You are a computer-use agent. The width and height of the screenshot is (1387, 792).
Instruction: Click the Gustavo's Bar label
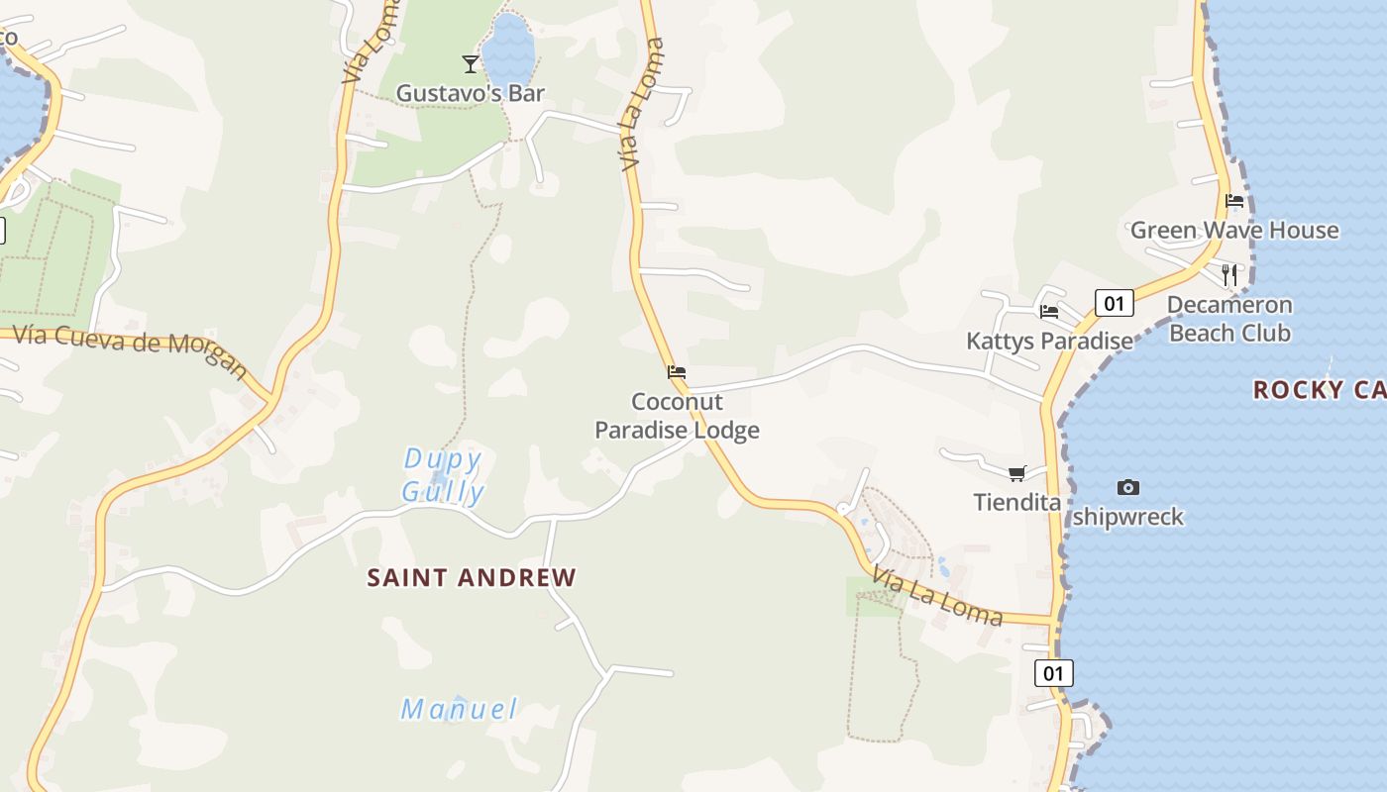471,93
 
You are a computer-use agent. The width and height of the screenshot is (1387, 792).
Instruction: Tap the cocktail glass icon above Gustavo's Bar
471,64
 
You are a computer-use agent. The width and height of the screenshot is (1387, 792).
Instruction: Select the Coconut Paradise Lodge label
678,416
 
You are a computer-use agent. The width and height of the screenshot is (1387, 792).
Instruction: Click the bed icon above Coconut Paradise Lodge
677,372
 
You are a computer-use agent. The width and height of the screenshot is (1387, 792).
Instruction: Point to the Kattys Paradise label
1049,341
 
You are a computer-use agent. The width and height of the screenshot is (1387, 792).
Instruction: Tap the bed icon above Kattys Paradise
1049,311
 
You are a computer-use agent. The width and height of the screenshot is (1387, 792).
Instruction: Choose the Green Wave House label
1234,230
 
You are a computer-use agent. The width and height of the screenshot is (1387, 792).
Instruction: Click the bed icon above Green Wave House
1234,200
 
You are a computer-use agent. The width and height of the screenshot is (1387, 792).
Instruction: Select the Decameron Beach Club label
1229,318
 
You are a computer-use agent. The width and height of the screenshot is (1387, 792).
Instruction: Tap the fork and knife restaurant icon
1229,274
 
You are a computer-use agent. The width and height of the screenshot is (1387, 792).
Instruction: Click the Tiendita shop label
1016,502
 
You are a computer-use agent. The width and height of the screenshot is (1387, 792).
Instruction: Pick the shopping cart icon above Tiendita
1016,473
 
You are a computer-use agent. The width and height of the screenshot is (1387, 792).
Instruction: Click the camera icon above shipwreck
1127,487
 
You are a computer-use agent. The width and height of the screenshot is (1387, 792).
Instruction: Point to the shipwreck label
1127,516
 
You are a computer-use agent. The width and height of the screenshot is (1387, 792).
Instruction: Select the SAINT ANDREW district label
472,577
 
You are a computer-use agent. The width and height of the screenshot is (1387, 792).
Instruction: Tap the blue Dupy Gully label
443,475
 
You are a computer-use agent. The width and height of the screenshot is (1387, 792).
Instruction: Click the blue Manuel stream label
459,709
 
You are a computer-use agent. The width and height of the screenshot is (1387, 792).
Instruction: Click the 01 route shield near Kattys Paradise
1114,302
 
